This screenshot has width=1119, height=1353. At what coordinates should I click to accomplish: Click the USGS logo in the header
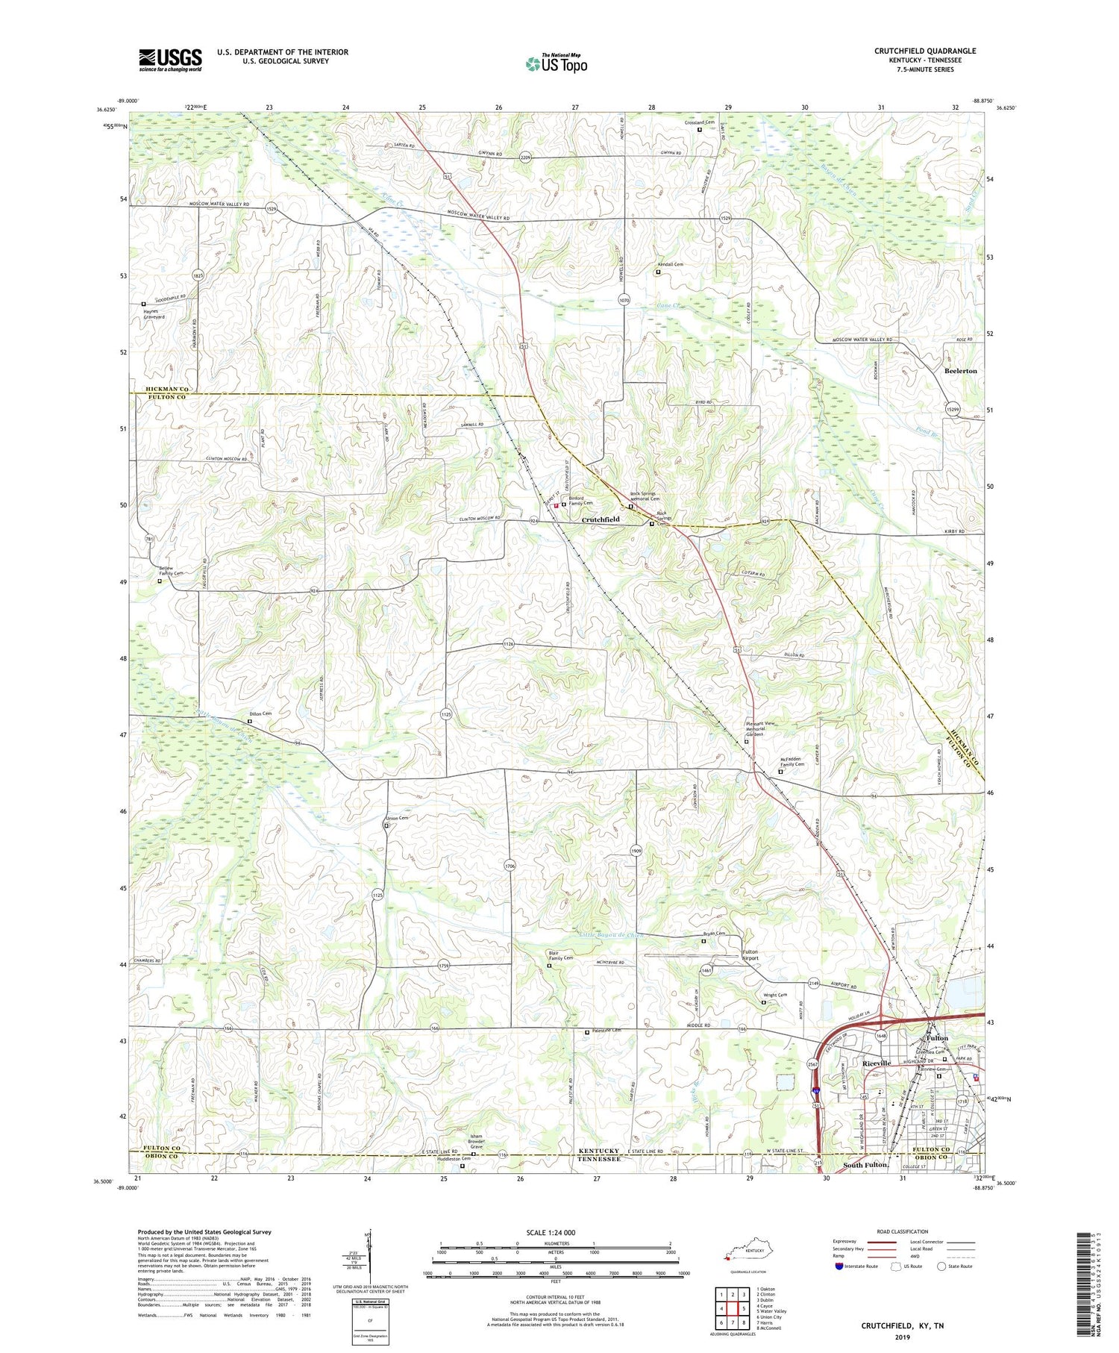pyautogui.click(x=170, y=60)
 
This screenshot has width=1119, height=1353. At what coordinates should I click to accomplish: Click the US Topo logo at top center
pyautogui.click(x=556, y=63)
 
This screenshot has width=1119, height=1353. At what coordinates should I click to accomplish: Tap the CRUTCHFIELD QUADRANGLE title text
pyautogui.click(x=924, y=51)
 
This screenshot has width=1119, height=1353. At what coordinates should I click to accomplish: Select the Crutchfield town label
pyautogui.click(x=600, y=519)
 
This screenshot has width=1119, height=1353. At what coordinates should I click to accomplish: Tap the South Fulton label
pyautogui.click(x=865, y=1165)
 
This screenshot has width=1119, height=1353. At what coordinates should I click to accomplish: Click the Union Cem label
pyautogui.click(x=397, y=818)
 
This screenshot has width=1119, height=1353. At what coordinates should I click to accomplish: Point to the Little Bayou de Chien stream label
pyautogui.click(x=612, y=935)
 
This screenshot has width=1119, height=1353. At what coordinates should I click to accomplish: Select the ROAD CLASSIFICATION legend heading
pyautogui.click(x=903, y=1231)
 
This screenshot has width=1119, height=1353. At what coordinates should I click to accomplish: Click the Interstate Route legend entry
pyautogui.click(x=860, y=1266)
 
